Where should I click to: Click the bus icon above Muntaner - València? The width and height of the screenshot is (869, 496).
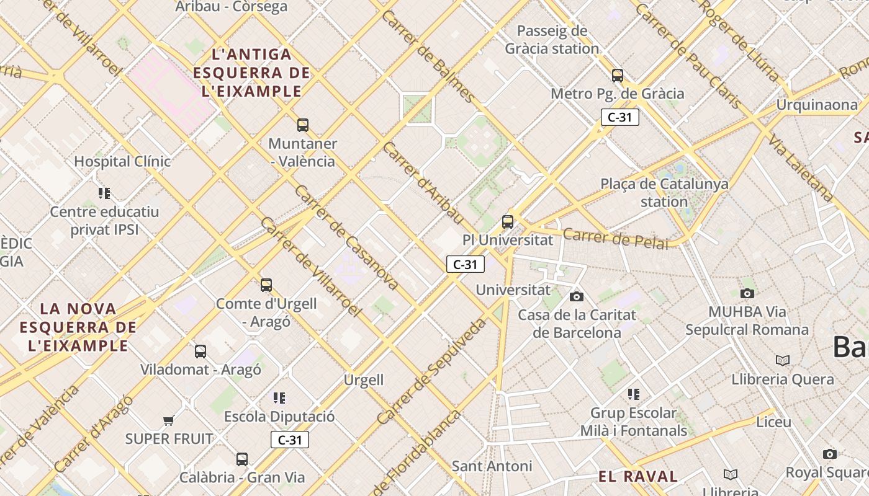(303, 125)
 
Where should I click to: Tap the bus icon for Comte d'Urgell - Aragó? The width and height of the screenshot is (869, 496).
(266, 285)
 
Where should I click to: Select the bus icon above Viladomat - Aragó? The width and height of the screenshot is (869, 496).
(200, 352)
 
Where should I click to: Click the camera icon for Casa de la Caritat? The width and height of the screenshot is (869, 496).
(577, 296)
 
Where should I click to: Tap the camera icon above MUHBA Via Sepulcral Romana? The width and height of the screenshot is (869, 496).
(747, 293)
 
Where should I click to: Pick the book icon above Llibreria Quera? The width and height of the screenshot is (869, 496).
(783, 360)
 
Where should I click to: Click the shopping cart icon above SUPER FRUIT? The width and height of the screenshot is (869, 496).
(168, 421)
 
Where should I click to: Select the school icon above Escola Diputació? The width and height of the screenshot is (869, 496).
(279, 397)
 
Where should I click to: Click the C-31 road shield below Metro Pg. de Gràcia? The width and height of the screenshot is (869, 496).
(619, 117)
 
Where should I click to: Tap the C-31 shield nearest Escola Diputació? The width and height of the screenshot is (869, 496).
(289, 440)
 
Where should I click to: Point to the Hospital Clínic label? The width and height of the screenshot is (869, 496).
(122, 162)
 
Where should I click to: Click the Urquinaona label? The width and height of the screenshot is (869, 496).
(816, 105)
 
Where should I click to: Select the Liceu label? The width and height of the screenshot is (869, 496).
(773, 422)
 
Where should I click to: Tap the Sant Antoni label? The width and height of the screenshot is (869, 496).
(492, 466)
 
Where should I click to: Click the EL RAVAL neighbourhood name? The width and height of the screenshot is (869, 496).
(638, 477)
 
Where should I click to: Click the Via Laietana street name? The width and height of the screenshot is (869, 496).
(801, 167)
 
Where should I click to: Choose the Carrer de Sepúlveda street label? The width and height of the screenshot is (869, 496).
(431, 372)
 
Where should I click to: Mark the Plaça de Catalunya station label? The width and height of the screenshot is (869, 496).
(664, 193)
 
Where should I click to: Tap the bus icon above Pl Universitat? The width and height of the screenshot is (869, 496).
(508, 221)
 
